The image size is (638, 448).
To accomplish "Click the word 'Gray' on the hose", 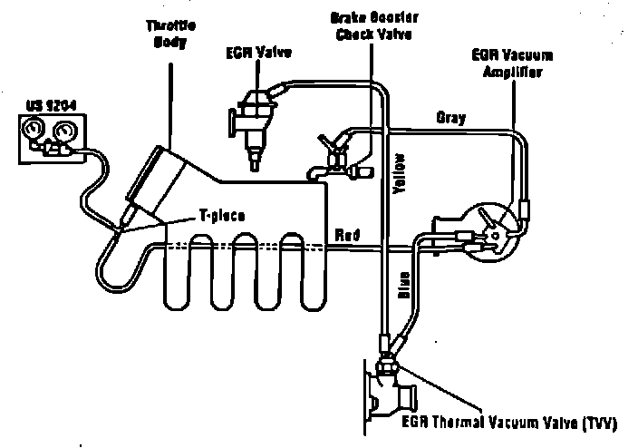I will pyautogui.click(x=450, y=118).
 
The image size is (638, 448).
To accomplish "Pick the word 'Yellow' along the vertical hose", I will pyautogui.click(x=400, y=173).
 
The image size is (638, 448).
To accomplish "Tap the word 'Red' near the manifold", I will pyautogui.click(x=347, y=236).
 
